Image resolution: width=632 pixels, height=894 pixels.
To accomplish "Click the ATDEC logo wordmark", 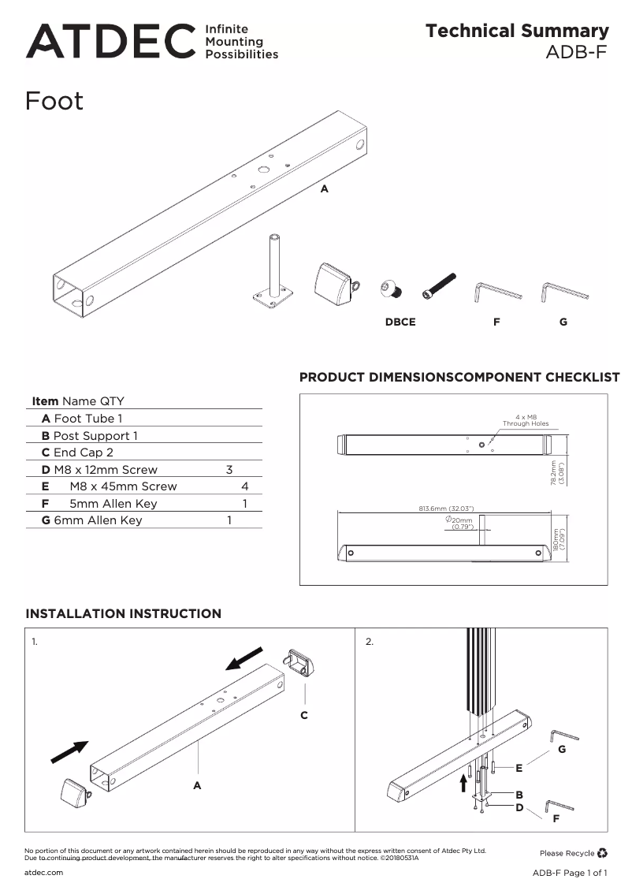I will (x=110, y=41).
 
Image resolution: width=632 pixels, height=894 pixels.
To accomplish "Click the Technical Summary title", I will (x=517, y=31).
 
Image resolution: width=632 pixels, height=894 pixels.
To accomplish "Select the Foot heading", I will (x=54, y=102).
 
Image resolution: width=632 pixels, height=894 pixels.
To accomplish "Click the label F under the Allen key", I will (x=496, y=322).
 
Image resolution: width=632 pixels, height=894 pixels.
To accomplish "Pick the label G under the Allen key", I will (x=563, y=322).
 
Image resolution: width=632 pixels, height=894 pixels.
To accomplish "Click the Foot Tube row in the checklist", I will (x=82, y=419).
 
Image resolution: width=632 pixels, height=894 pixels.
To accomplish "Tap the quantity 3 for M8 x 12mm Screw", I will (x=229, y=470).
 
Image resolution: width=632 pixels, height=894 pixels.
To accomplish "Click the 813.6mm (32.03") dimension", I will (x=445, y=508).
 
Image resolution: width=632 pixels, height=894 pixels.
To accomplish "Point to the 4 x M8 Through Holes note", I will (x=526, y=420).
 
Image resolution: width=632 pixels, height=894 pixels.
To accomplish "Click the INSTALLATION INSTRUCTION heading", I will (x=124, y=613).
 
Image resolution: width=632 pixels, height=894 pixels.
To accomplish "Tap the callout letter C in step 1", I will (x=304, y=715).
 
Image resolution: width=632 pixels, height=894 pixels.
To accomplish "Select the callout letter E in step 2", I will (x=519, y=768).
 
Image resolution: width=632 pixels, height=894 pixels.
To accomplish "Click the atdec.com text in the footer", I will (x=44, y=873).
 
